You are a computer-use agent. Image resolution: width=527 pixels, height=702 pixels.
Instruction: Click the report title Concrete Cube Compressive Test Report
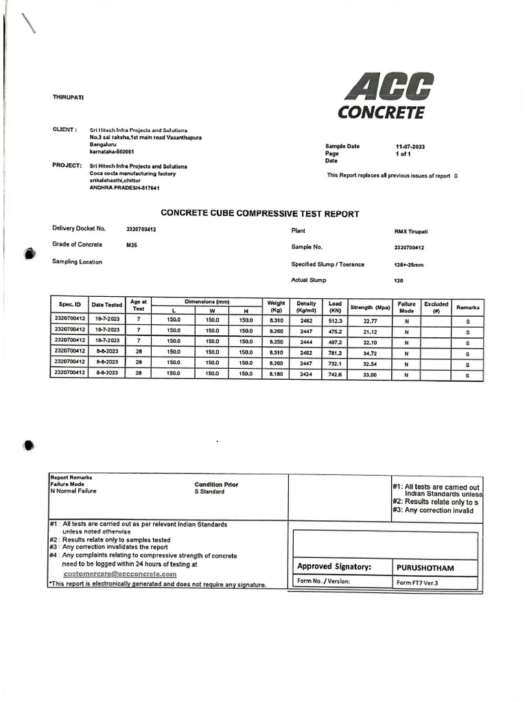(259, 214)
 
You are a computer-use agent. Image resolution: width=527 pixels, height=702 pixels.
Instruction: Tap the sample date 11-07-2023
(411, 147)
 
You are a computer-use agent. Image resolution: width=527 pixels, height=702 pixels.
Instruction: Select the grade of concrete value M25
(132, 245)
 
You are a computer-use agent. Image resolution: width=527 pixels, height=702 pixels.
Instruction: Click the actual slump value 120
(399, 280)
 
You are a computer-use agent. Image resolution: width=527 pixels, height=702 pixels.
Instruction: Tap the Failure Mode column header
(406, 307)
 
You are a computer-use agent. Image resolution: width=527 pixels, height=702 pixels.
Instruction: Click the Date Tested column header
(107, 304)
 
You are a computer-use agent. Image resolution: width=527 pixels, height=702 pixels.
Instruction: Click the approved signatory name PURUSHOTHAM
(425, 568)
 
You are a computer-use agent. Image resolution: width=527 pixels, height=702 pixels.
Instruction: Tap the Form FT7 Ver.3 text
(417, 583)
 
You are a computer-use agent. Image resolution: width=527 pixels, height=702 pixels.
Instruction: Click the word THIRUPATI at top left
(68, 97)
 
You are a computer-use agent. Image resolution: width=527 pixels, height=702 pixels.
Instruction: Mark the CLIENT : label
(65, 129)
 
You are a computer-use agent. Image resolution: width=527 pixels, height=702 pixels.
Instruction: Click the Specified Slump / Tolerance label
(328, 265)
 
